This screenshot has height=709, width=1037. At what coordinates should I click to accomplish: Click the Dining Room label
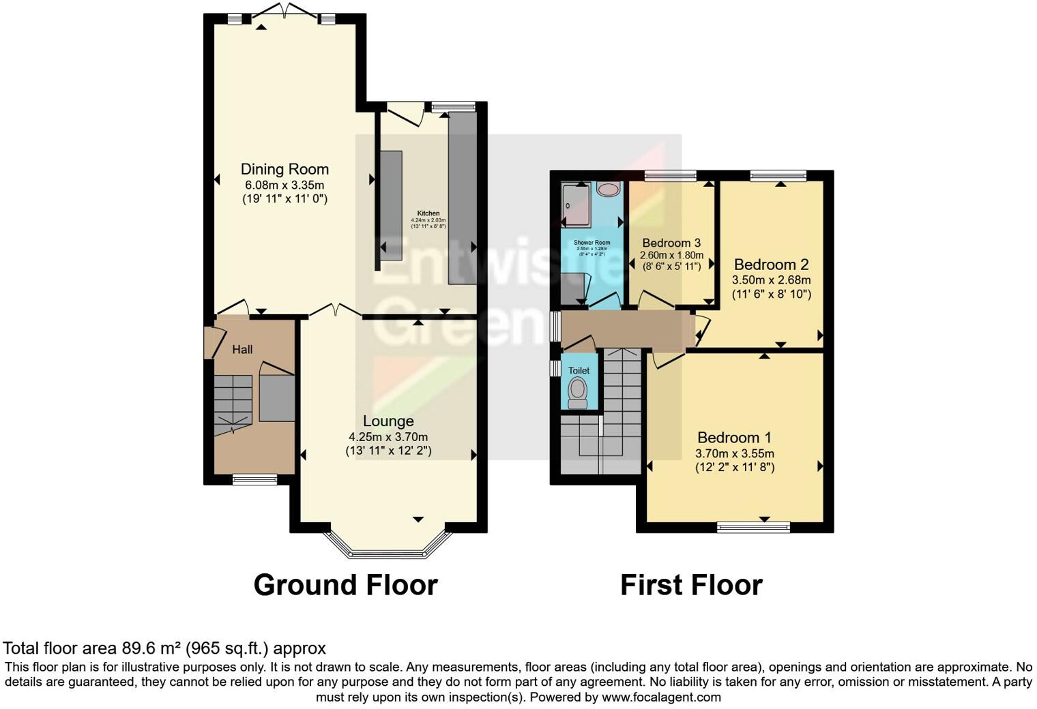284,169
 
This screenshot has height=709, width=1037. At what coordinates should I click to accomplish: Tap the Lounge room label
388,421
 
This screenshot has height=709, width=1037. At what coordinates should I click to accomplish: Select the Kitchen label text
428,213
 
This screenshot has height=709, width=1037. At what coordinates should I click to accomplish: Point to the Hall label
242,350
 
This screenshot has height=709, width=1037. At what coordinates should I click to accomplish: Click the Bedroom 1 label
734,438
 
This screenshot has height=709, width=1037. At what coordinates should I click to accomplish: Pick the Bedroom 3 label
671,243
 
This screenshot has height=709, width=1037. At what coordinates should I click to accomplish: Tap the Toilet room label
579,370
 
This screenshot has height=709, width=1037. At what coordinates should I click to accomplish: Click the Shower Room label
591,243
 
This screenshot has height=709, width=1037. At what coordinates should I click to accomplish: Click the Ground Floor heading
345,585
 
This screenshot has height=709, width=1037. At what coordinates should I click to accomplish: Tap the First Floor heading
691,585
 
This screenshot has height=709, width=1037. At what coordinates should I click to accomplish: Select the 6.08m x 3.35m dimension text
284,185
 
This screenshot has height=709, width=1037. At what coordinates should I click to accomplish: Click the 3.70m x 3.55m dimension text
734,453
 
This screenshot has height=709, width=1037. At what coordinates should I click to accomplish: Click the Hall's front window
254,480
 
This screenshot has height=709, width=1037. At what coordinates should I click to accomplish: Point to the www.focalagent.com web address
660,697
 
